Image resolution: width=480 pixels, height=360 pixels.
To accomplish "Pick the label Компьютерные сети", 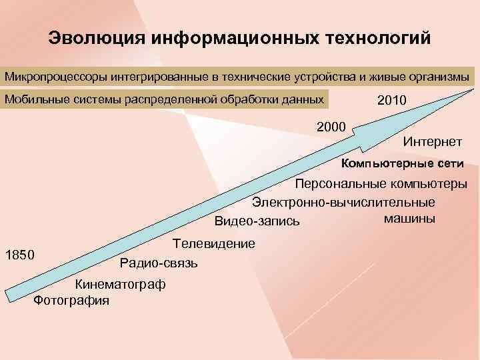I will (x=403, y=163).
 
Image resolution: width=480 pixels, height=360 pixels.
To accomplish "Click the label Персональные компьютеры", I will (x=381, y=185).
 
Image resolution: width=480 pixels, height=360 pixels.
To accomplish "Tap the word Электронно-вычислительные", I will (x=343, y=202).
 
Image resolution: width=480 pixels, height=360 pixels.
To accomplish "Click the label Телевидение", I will (x=213, y=244).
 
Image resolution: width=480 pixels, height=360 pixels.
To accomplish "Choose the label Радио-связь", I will (x=159, y=263).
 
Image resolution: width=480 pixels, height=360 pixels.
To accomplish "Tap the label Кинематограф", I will (x=120, y=285).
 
